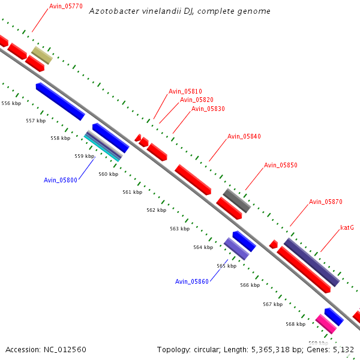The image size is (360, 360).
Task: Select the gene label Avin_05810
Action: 185,91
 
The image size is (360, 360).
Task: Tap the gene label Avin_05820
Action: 196,100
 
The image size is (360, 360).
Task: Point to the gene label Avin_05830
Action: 208,109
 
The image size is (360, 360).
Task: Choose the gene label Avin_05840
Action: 244,137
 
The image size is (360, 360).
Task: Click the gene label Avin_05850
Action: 280,165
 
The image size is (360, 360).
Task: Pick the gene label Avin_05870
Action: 325,202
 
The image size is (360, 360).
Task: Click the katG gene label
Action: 347,228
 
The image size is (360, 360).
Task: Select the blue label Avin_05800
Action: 60,180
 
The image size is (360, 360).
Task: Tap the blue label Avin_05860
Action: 191,281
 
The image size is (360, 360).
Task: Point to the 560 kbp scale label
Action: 108,174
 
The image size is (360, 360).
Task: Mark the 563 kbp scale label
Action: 179,229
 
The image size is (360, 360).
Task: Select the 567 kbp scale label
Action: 272,304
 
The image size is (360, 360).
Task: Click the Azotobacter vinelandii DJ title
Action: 179,11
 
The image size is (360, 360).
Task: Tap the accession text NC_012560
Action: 46,349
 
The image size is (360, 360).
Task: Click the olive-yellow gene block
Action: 42,56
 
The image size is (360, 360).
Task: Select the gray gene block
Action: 237,200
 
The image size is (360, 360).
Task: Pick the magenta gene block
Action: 326,324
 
